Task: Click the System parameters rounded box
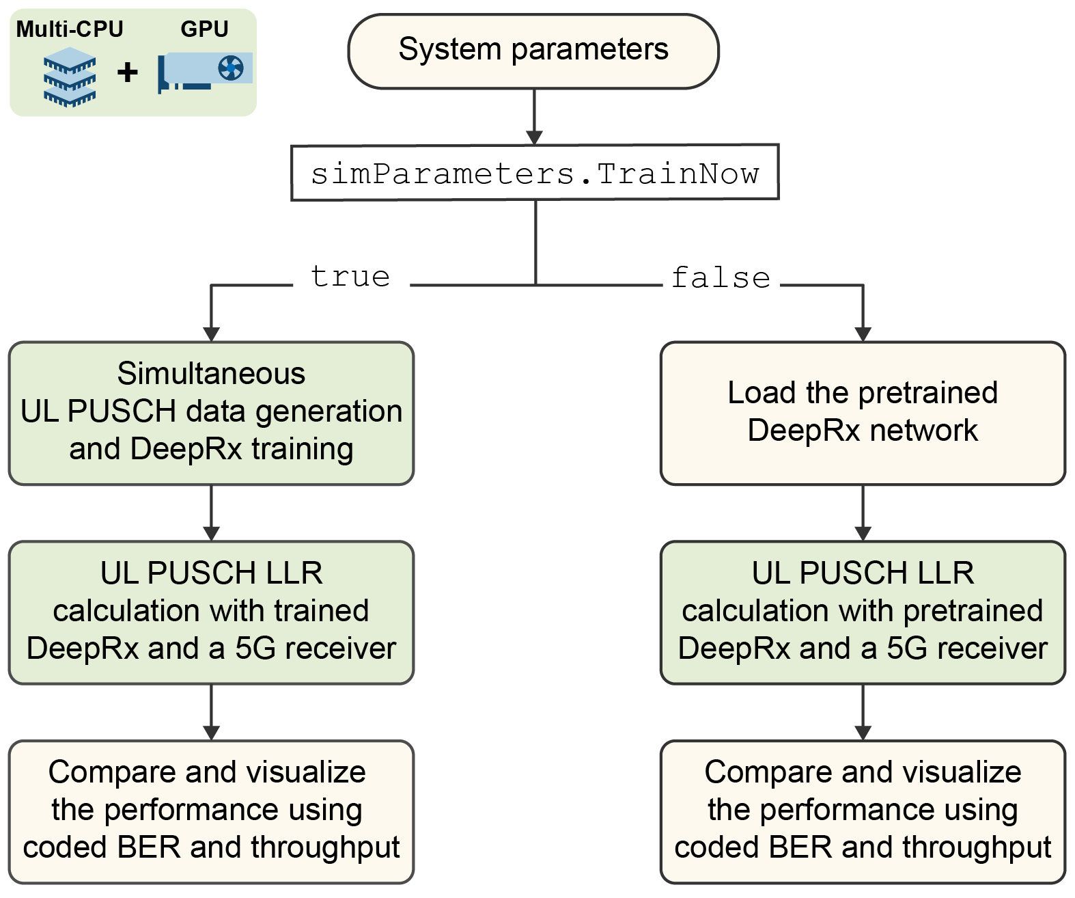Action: click(x=533, y=51)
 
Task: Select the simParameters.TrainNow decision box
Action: click(x=535, y=172)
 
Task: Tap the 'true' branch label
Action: click(x=350, y=277)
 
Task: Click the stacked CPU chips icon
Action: click(x=70, y=77)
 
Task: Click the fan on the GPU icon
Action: click(x=231, y=68)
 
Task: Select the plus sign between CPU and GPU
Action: click(x=127, y=72)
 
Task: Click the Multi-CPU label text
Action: click(x=70, y=29)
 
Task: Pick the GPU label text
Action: click(x=204, y=29)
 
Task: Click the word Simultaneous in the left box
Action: click(x=211, y=374)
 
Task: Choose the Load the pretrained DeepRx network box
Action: click(x=863, y=413)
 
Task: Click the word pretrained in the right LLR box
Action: click(x=973, y=611)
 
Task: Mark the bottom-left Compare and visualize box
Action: click(x=211, y=811)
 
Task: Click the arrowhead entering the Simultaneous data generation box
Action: click(x=212, y=334)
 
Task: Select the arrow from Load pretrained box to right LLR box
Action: click(x=863, y=513)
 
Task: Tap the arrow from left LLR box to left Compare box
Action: click(x=212, y=712)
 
